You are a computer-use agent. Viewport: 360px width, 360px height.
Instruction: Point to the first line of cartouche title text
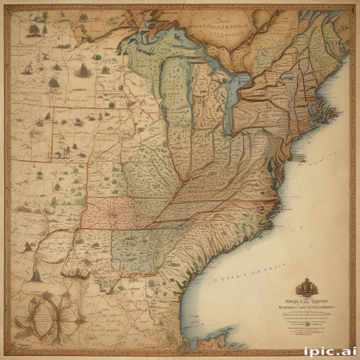point(306,301)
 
